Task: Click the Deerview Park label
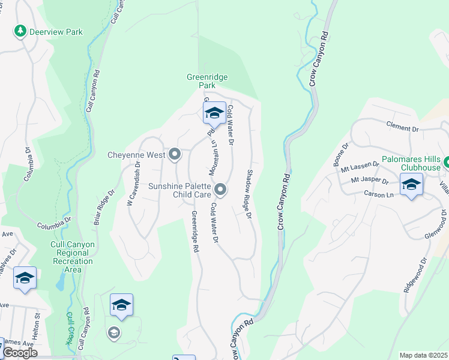pos(56,32)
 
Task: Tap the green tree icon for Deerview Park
pos(20,31)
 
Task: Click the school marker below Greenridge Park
pos(214,113)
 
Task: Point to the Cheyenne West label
pos(136,155)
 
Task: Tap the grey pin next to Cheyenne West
pos(175,155)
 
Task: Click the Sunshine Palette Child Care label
pos(179,190)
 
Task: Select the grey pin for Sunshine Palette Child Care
pos(220,190)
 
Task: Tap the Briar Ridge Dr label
pos(103,207)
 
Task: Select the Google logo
pos(20,353)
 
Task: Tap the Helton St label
pos(37,319)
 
